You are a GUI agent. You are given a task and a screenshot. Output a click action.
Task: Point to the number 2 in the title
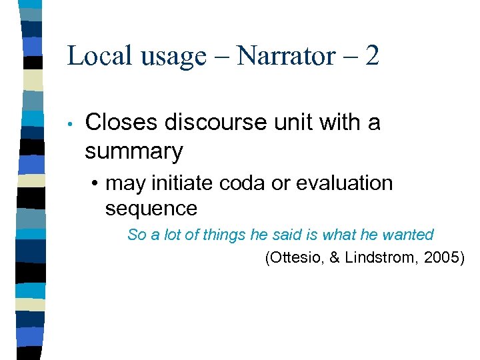(x=372, y=55)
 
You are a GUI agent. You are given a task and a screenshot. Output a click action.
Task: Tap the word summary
(x=133, y=153)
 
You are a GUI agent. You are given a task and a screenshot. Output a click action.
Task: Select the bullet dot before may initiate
(x=97, y=183)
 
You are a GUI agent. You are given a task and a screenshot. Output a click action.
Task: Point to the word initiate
(x=179, y=183)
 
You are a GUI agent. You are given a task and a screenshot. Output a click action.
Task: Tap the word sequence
(x=151, y=209)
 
